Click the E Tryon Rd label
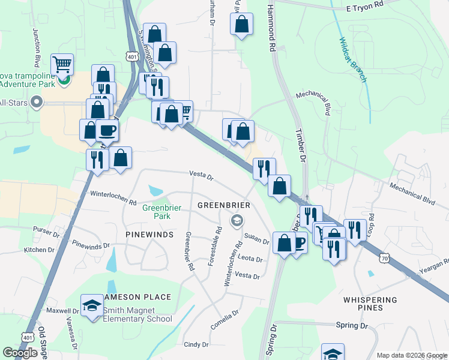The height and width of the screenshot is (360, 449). click(x=364, y=6)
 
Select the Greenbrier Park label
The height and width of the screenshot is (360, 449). click(x=157, y=212)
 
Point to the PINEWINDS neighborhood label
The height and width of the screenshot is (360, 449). click(x=149, y=233)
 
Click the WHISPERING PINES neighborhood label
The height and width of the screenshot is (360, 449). click(x=370, y=304)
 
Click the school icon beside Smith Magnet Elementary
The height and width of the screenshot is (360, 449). click(x=92, y=306)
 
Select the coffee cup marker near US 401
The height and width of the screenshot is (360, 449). click(x=107, y=130)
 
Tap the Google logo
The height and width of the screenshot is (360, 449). click(x=20, y=353)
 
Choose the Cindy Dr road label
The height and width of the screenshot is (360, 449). click(x=196, y=344)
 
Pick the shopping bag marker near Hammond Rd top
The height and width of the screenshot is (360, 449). click(x=241, y=24)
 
